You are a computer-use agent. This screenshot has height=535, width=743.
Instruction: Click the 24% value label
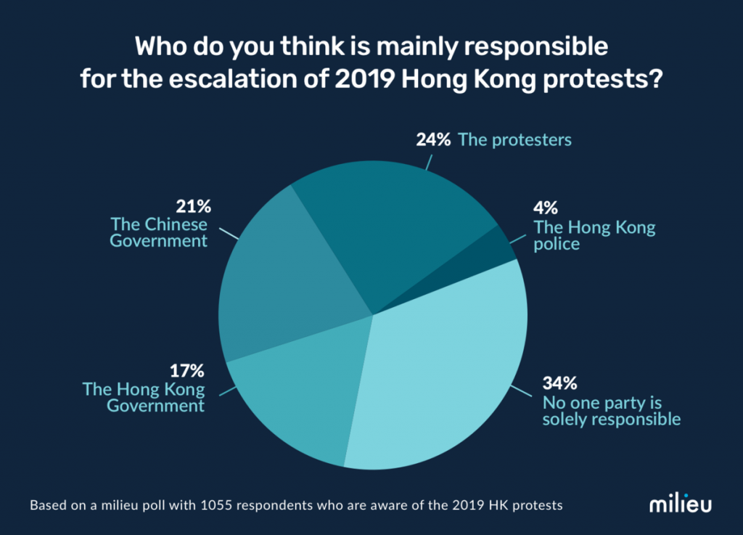[x=432, y=139]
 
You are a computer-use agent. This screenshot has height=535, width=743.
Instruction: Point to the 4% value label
[x=546, y=209]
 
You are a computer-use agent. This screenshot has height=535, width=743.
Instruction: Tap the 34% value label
[x=559, y=383]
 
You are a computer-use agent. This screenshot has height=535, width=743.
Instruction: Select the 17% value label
[x=188, y=370]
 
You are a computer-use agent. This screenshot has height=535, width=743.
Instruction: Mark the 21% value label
[x=191, y=206]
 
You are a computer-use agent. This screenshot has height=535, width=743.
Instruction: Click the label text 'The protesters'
[x=514, y=139]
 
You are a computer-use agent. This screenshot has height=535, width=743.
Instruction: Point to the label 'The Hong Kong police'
[x=594, y=235]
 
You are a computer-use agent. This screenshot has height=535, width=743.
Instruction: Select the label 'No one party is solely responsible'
[x=612, y=410]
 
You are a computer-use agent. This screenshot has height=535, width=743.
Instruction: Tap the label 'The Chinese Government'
[x=159, y=232]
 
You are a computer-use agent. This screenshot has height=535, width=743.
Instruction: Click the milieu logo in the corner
[x=681, y=504]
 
